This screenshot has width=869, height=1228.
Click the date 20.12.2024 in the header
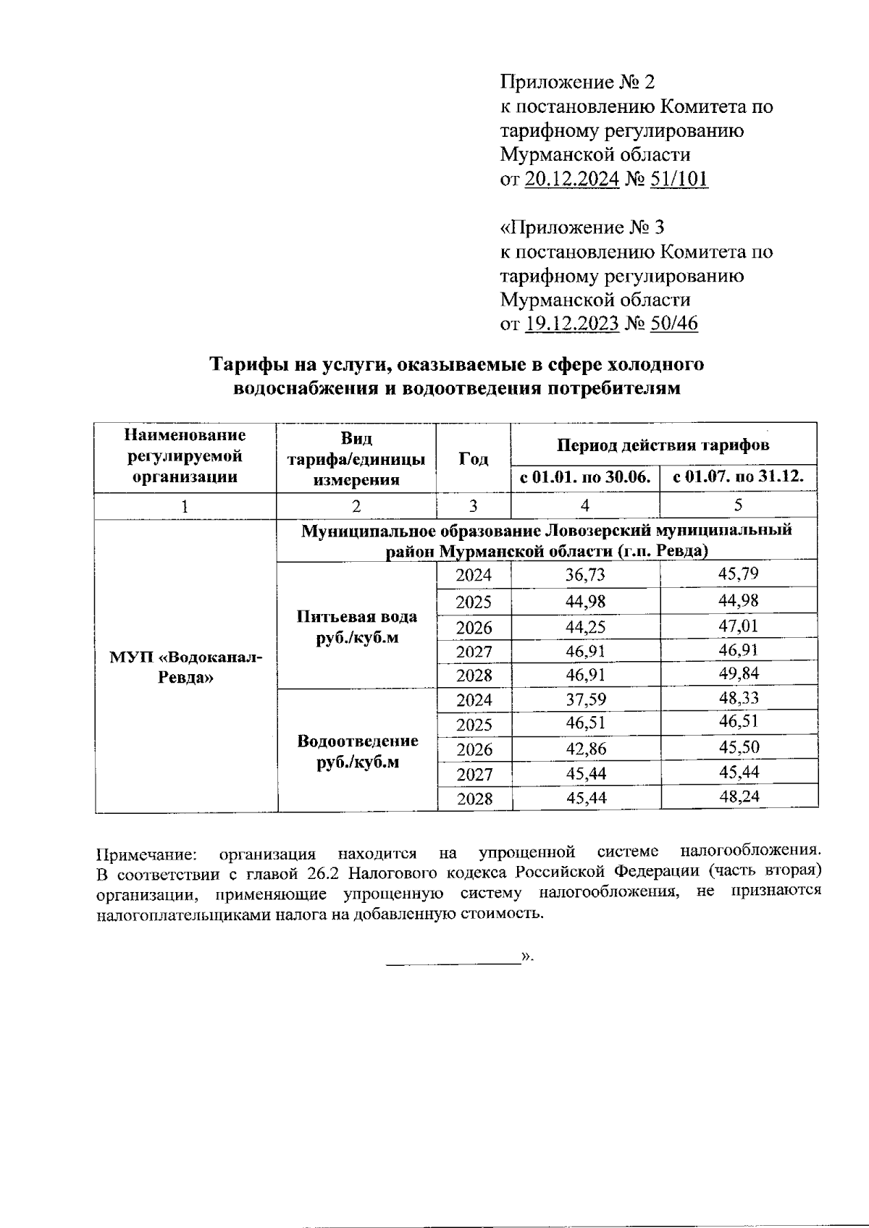coord(571,179)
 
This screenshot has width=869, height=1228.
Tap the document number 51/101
coord(680,179)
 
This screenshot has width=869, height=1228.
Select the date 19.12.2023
coord(571,323)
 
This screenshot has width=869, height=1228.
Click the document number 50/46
coord(674,323)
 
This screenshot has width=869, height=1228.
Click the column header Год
coord(474,458)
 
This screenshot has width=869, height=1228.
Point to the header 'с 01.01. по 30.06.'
coord(585,478)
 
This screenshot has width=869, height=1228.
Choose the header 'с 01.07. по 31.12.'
coord(739,478)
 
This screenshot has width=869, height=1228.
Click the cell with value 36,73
coord(585,575)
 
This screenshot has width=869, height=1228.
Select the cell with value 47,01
coord(739,626)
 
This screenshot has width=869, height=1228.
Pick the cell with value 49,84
coord(739,674)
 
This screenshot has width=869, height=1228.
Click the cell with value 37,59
coord(585,700)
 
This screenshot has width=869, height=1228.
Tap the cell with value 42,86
coord(585,749)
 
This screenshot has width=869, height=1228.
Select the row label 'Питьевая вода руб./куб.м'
coord(357,627)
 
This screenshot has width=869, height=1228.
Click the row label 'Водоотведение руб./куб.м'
coord(358,752)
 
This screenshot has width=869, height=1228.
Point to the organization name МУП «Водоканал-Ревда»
coord(186,668)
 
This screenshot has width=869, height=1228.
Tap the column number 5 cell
coord(739,505)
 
